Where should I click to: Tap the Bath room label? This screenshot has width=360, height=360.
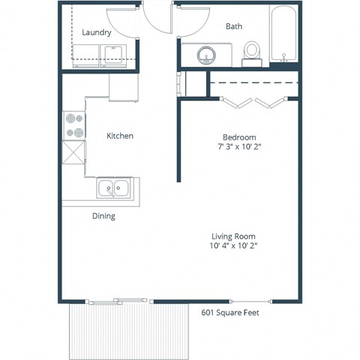[234, 27]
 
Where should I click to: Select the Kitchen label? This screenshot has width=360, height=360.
[120, 136]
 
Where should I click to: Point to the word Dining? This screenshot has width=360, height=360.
[103, 216]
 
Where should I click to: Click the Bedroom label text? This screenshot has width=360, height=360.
[239, 137]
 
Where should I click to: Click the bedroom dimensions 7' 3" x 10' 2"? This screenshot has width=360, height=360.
[239, 148]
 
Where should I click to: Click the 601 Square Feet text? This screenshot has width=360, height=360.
[229, 313]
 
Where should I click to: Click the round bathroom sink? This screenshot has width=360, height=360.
[205, 55]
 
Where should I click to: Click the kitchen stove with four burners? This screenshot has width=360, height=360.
[74, 125]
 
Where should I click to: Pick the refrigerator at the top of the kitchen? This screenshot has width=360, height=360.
[124, 88]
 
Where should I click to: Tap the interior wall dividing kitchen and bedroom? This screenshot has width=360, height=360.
[178, 142]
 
